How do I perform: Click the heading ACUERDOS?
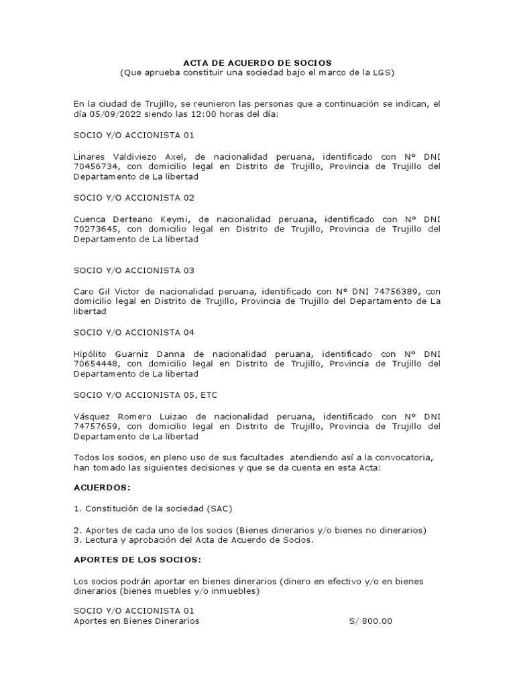102,488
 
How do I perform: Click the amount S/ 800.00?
370,622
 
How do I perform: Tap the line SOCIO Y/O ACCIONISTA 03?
133,270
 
